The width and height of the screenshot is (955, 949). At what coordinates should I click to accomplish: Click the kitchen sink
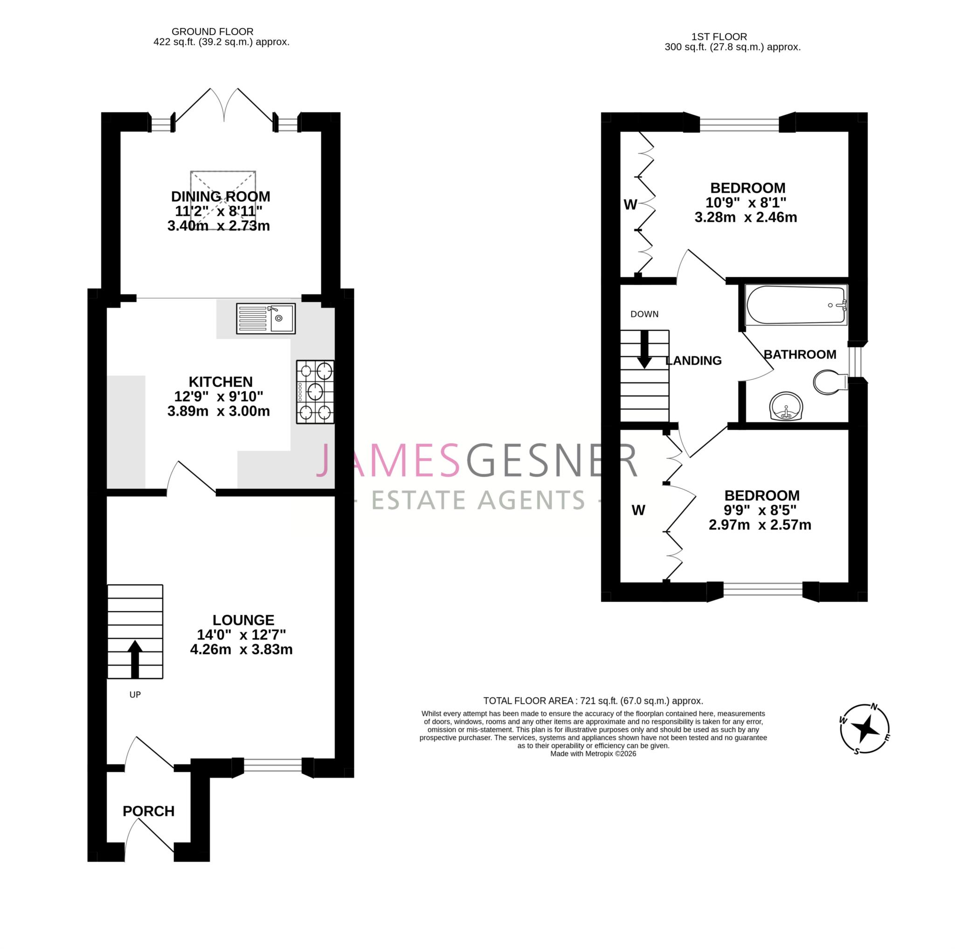[265, 319]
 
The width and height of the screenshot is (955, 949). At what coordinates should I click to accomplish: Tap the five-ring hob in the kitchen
[315, 392]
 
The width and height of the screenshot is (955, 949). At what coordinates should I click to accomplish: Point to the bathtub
[796, 305]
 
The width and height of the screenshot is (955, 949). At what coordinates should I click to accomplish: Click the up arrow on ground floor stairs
[135, 659]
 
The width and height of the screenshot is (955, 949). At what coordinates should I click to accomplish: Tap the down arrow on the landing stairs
[644, 349]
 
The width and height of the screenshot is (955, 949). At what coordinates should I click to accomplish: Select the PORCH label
[148, 811]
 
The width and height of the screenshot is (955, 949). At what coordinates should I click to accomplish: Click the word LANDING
[693, 361]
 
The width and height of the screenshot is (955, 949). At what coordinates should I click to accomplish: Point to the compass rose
[865, 729]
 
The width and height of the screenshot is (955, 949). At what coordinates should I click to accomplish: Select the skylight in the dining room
[223, 200]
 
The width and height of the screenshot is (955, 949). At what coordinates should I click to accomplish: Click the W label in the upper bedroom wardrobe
[630, 205]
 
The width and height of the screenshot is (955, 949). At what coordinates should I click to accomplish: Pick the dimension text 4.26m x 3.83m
[241, 649]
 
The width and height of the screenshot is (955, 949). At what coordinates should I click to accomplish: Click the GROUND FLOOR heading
[212, 32]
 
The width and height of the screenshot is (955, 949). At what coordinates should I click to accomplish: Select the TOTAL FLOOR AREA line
[593, 701]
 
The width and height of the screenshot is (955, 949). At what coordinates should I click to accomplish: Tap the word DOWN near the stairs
[644, 314]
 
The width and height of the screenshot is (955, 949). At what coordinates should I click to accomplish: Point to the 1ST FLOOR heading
[719, 36]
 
